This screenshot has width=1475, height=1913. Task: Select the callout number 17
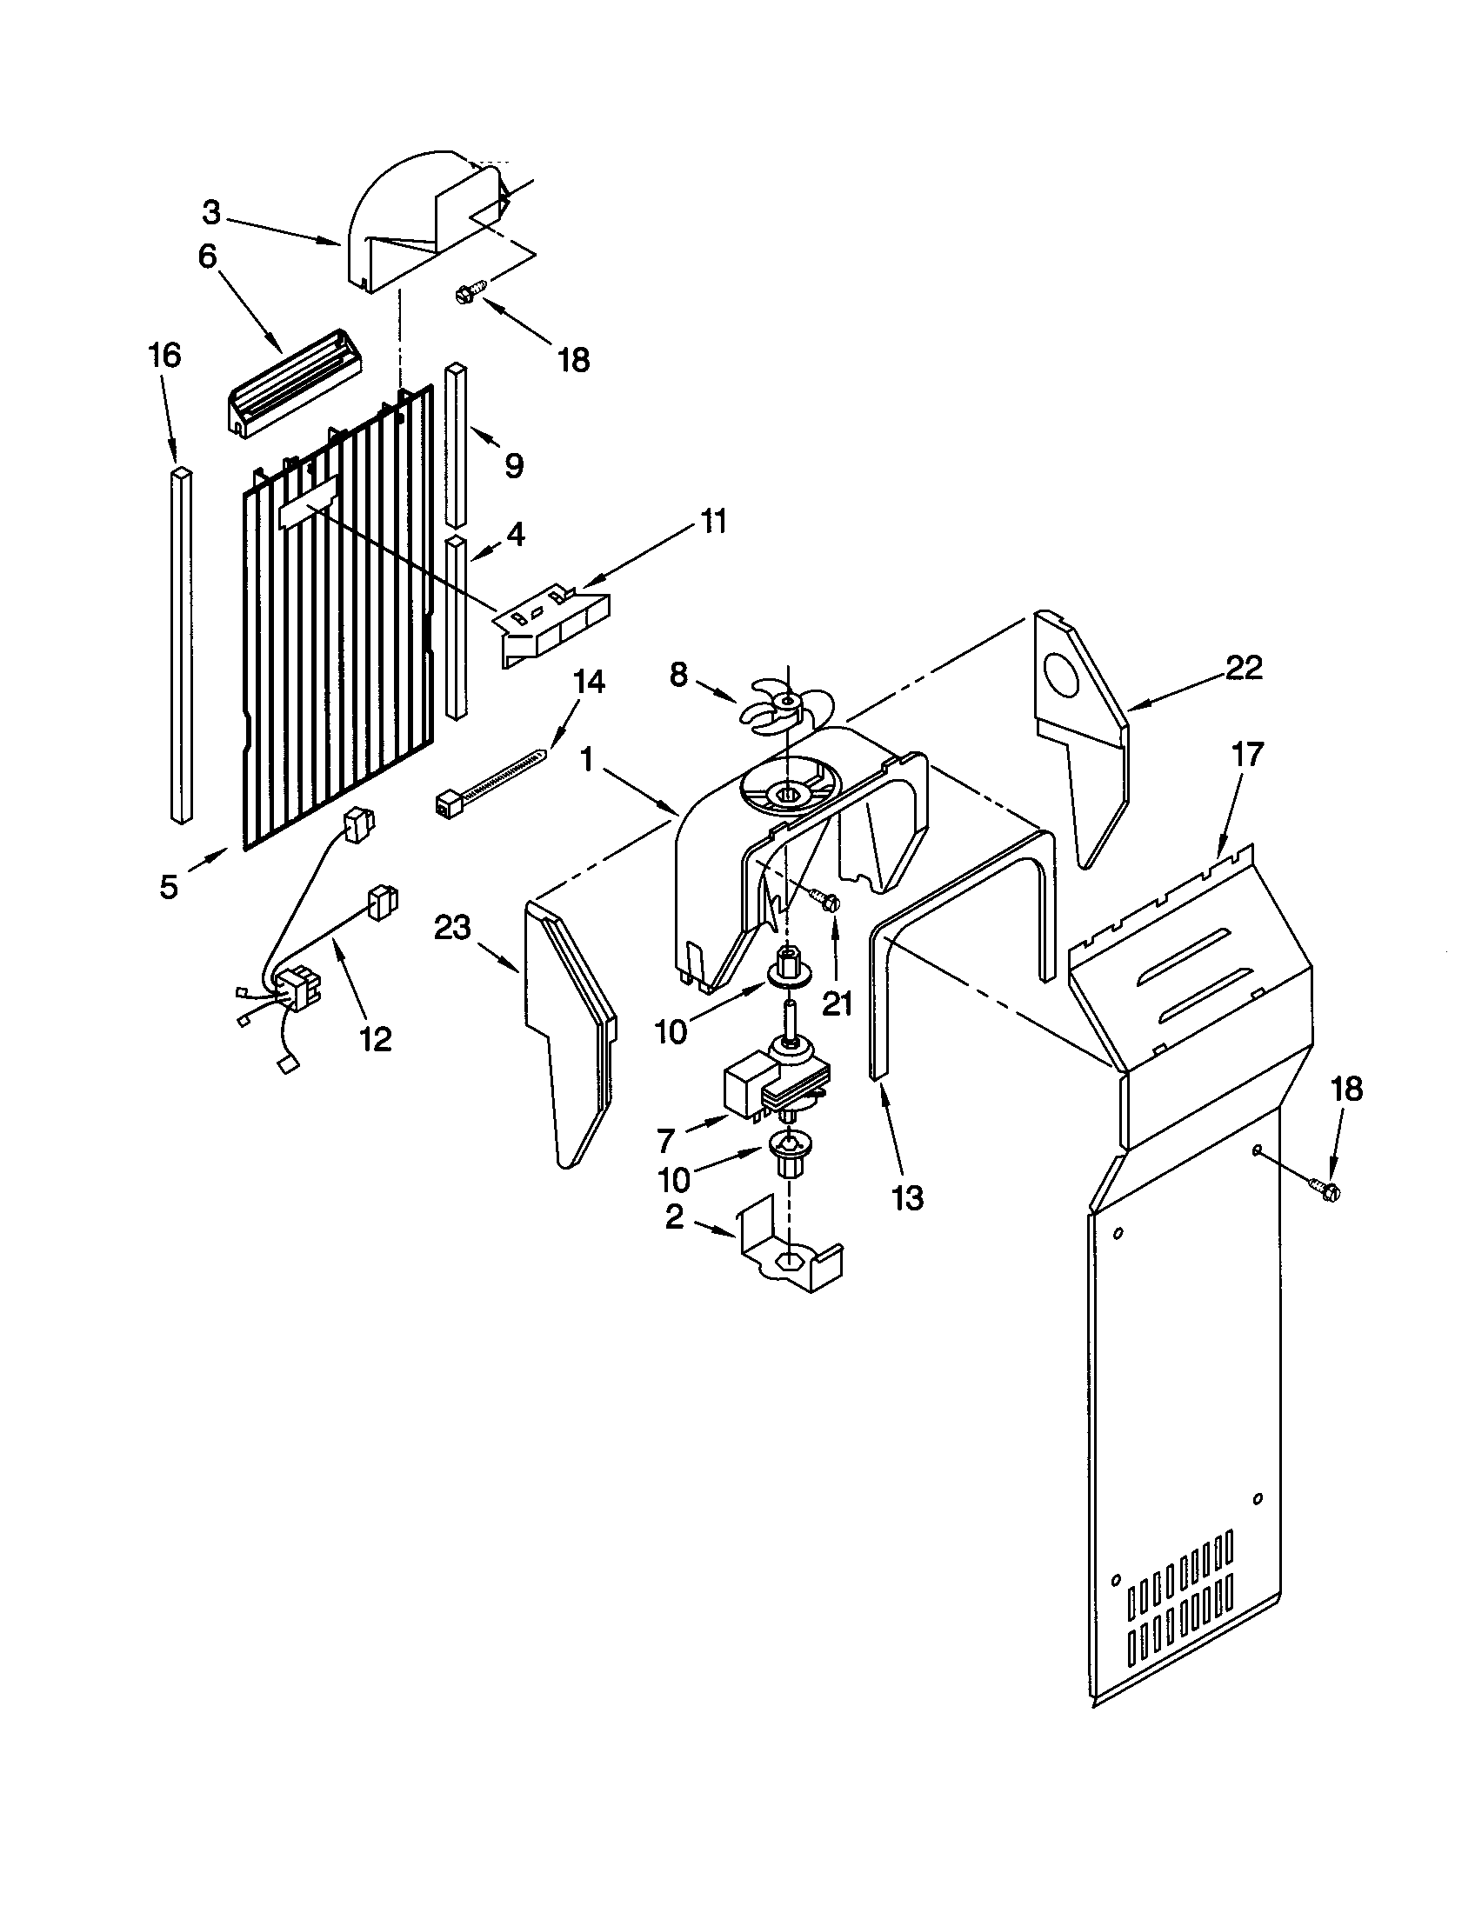[x=1247, y=754]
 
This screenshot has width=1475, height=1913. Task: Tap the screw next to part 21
[x=824, y=900]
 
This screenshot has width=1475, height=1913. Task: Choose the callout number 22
[x=1244, y=669]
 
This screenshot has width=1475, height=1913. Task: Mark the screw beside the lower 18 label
[x=1325, y=1189]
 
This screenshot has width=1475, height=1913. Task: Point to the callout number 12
[x=375, y=1040]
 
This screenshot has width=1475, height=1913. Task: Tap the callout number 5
[x=168, y=886]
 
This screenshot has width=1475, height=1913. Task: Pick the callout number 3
[x=211, y=213]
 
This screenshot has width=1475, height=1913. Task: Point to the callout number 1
[x=588, y=759]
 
